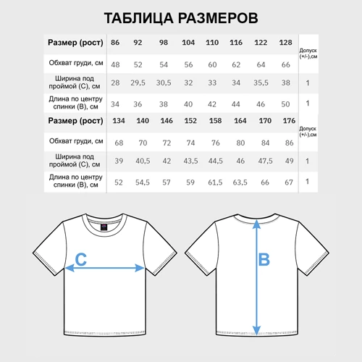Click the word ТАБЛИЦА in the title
pos(138,17)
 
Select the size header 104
pos(188,43)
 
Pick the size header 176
pos(290,119)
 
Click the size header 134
pos(119,119)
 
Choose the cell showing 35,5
pos(261,83)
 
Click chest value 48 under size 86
pos(116,64)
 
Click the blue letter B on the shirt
pos(264,258)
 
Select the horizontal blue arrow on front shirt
pos(105,268)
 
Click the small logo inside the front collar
pos(103,226)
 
